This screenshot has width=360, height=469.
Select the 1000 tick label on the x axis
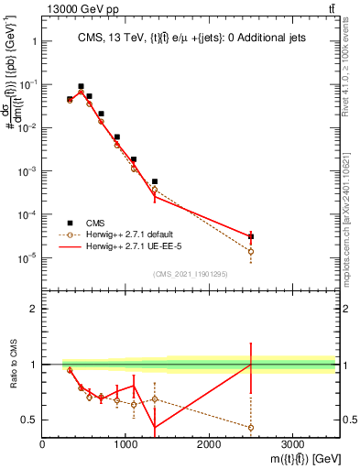[x=125, y=442]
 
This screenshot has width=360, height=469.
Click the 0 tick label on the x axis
[x=43, y=442]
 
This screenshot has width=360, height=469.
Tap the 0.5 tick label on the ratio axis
[x=30, y=420]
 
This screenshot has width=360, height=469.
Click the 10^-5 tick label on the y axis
[x=27, y=257]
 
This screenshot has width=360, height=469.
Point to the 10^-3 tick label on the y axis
[x=27, y=171]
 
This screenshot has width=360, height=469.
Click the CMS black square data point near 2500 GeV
[x=251, y=236]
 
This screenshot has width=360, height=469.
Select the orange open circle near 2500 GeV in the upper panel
[x=251, y=251]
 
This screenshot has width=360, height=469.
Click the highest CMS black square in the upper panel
[x=81, y=86]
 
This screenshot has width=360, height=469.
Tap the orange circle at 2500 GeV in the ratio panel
[x=251, y=428]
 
